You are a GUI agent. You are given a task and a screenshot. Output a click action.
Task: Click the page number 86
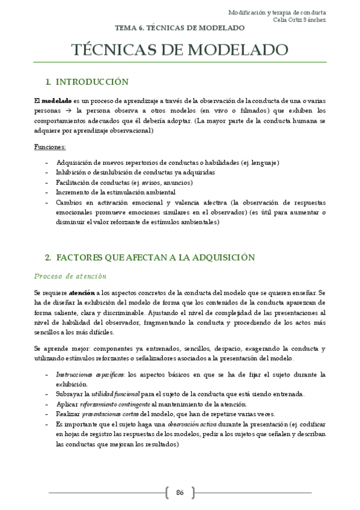click(180, 493)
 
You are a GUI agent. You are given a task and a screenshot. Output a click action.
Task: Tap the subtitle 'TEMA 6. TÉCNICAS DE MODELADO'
click(180, 28)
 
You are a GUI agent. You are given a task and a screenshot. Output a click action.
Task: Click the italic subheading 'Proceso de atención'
click(70, 276)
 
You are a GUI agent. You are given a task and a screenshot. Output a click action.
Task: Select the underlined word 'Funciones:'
click(50, 147)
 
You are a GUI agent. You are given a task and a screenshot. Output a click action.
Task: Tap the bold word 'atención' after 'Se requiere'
click(81, 292)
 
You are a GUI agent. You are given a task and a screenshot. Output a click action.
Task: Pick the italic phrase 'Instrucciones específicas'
click(86, 374)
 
